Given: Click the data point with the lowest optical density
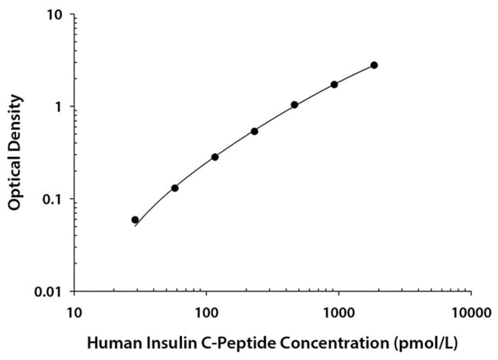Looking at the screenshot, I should point(135,220).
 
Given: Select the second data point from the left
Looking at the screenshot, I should point(175,188).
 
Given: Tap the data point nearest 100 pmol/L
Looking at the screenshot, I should point(215,157).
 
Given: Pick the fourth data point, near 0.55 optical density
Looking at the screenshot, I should point(254,131).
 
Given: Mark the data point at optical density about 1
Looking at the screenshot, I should point(294,105).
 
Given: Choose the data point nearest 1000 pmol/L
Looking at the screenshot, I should point(334,84).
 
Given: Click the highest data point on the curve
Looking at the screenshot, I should point(374,65).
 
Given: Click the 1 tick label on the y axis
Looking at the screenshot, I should point(61,106).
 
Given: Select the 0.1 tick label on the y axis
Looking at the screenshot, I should point(54,199).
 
